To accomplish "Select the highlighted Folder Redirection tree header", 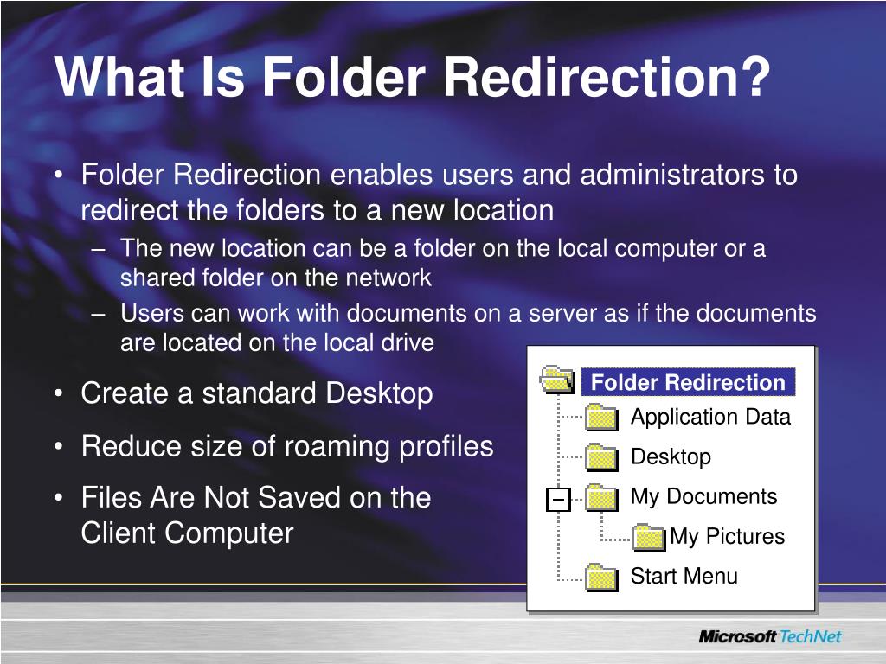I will (688, 382).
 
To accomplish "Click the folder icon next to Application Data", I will (601, 418).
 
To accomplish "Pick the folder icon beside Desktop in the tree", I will (601, 457).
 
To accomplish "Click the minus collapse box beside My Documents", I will (559, 499).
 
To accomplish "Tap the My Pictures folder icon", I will (649, 537).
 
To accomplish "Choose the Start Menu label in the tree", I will (684, 576).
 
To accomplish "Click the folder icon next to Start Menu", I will (601, 577).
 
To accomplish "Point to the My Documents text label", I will (703, 496).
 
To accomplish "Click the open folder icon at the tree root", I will (557, 379).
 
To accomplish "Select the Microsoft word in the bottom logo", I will (737, 637).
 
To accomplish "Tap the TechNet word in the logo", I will (811, 637).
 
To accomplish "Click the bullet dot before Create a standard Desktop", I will (57, 394).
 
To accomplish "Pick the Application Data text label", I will (710, 417).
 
